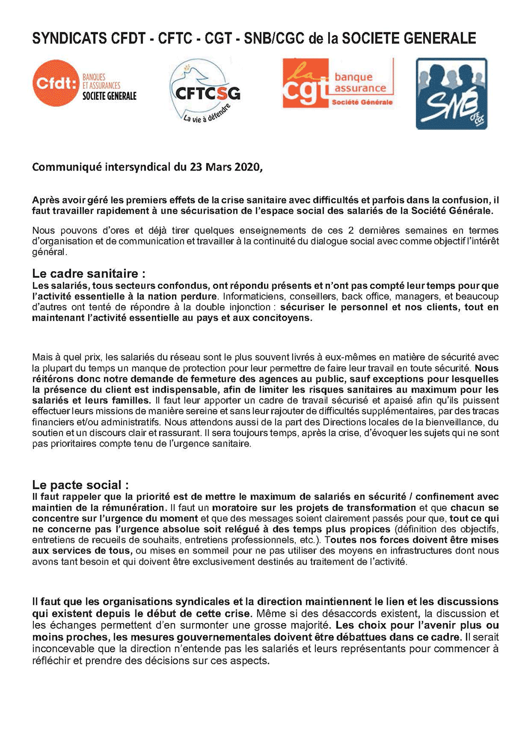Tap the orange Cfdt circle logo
coord(55,83)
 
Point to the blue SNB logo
coord(451,93)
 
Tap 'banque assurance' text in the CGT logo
coord(360,83)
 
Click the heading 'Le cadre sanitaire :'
coord(89,274)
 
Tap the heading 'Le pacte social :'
coord(80,485)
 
